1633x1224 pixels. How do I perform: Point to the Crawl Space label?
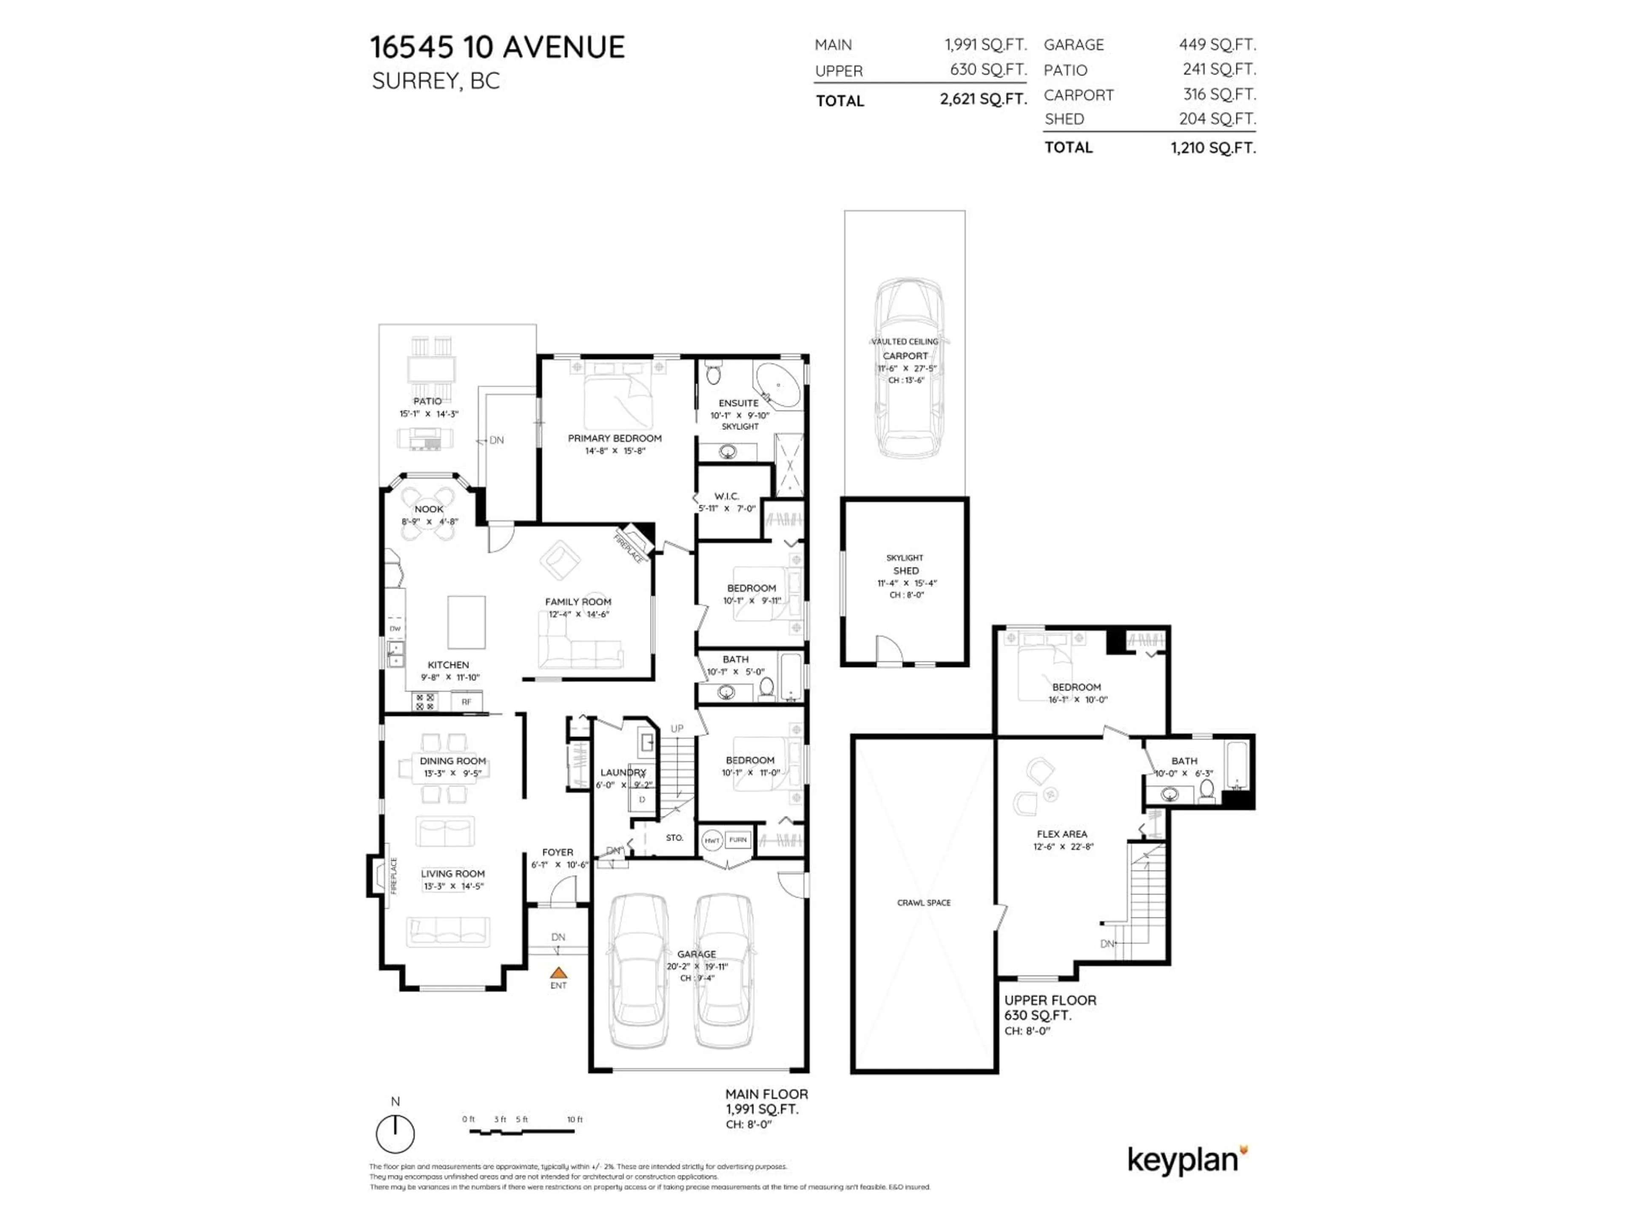coord(924,902)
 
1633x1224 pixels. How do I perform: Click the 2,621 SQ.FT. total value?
coord(983,99)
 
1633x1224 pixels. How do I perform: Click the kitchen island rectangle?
coord(467,622)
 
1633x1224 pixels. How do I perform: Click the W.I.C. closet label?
coord(726,496)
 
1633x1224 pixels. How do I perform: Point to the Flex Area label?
coord(1061,834)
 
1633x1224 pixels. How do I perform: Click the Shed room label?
coord(906,570)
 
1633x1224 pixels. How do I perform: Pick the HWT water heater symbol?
coord(711,840)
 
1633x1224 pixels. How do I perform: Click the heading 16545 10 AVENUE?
coord(497,47)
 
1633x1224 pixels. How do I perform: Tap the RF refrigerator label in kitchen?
coord(466,702)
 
